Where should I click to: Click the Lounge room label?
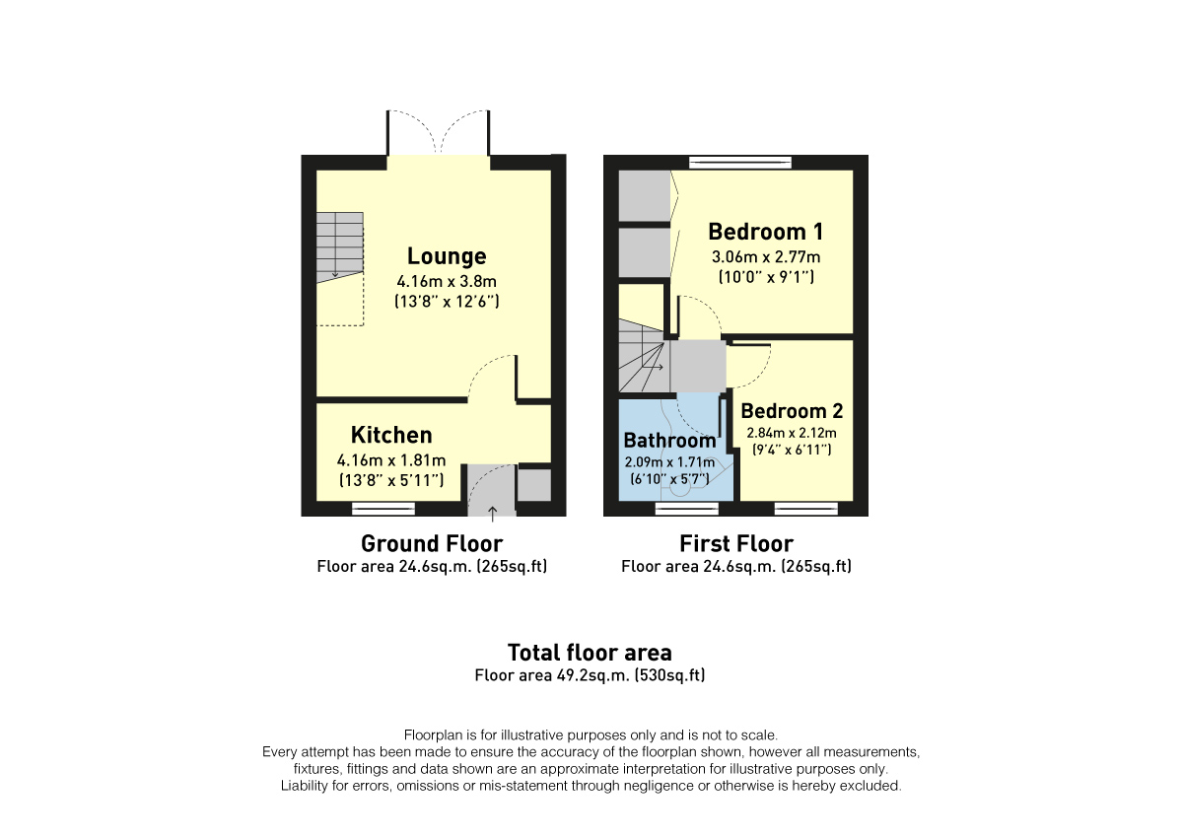pyautogui.click(x=447, y=256)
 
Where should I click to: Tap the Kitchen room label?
pyautogui.click(x=391, y=435)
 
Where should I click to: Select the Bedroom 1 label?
pyautogui.click(x=766, y=232)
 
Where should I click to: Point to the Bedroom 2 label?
pyautogui.click(x=792, y=411)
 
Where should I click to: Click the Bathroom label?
pyautogui.click(x=669, y=441)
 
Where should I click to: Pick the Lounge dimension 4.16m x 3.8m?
pyautogui.click(x=447, y=280)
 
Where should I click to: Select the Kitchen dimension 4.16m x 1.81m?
pyautogui.click(x=391, y=459)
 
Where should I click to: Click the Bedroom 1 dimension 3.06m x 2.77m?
pyautogui.click(x=766, y=257)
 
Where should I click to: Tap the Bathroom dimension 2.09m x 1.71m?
pyautogui.click(x=669, y=461)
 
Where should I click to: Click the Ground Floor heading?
pyautogui.click(x=432, y=543)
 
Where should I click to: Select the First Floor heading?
pyautogui.click(x=736, y=543)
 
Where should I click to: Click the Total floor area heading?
pyautogui.click(x=590, y=652)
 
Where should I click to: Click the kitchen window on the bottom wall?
pyautogui.click(x=383, y=509)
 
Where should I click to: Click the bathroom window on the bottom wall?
pyautogui.click(x=687, y=509)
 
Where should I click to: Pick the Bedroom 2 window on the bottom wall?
pyautogui.click(x=805, y=509)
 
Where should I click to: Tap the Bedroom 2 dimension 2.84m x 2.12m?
pyautogui.click(x=792, y=433)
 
